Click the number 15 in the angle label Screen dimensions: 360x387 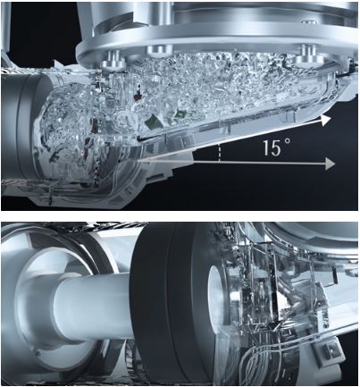(x=272, y=147)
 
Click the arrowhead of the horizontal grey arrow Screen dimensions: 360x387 (x=331, y=164)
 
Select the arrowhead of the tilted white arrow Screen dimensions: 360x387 (x=326, y=120)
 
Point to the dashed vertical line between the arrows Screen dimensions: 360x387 (x=220, y=153)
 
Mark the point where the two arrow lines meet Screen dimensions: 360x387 (x=140, y=162)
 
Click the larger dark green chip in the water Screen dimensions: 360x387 (x=151, y=122)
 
